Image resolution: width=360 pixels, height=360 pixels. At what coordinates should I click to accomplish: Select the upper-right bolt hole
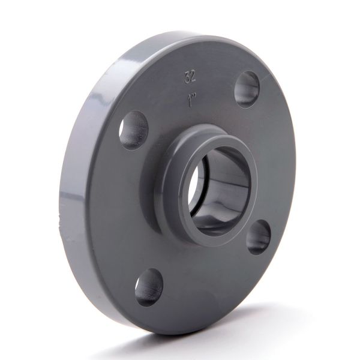(247, 89)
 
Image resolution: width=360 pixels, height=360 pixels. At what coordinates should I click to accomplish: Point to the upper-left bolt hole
(133, 129)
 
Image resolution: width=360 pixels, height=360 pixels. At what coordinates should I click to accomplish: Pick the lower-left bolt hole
(148, 287)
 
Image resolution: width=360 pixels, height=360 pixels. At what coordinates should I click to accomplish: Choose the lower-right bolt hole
(259, 236)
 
